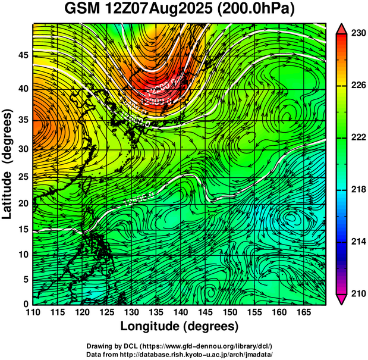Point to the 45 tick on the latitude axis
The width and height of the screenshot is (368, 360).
click(23, 55)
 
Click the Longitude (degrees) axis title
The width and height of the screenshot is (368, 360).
click(180, 327)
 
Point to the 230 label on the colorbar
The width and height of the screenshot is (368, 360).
click(357, 33)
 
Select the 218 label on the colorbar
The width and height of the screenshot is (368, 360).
click(357, 189)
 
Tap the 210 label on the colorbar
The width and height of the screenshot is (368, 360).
click(357, 293)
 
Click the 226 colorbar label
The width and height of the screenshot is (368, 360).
click(357, 85)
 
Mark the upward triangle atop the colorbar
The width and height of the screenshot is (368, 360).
click(342, 29)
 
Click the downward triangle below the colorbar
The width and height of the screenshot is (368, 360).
click(342, 299)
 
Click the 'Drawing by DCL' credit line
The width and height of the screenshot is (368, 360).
click(180, 346)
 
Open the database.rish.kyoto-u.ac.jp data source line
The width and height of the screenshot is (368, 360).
click(180, 354)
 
